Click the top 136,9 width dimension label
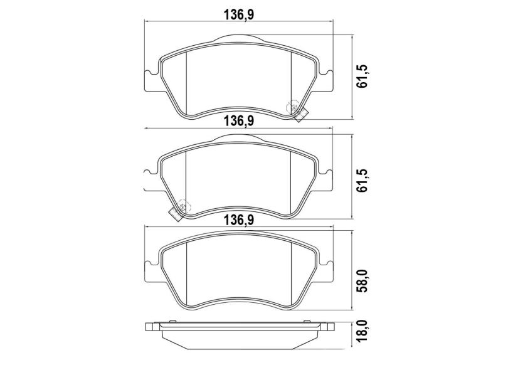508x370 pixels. [x=239, y=13]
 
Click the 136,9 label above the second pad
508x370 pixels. [x=239, y=120]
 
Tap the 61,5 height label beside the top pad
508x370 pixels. [x=362, y=75]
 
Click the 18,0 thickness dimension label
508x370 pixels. [x=362, y=337]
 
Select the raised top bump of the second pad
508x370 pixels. [x=239, y=139]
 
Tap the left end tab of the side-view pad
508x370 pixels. [x=151, y=327]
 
